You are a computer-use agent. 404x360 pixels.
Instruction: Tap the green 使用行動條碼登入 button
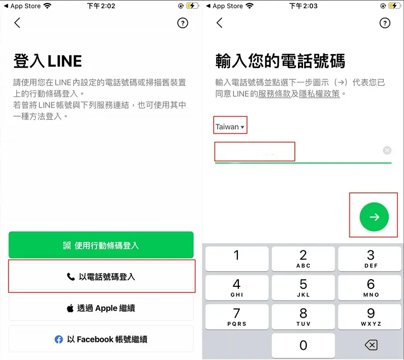click(101, 245)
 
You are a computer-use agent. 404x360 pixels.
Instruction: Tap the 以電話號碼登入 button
click(101, 277)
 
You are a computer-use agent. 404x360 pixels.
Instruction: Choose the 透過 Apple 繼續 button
click(101, 308)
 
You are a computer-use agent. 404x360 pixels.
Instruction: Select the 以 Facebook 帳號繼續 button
click(101, 339)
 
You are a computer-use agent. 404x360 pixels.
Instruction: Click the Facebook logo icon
click(59, 339)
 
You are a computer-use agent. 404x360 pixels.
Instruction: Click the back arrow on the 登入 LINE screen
click(17, 23)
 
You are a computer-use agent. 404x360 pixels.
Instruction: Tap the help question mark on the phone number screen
click(385, 23)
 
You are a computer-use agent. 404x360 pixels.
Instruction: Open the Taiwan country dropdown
click(230, 127)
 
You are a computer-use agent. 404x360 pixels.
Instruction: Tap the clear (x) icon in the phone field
click(387, 150)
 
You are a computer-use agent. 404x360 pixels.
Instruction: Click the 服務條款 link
click(274, 94)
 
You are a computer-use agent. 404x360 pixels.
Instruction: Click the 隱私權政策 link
click(319, 94)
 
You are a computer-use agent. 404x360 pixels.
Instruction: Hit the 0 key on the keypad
click(303, 345)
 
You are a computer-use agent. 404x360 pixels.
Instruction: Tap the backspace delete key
click(371, 345)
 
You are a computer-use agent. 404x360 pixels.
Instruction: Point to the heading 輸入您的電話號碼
click(280, 62)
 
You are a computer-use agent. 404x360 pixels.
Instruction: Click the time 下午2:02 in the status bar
click(101, 6)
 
